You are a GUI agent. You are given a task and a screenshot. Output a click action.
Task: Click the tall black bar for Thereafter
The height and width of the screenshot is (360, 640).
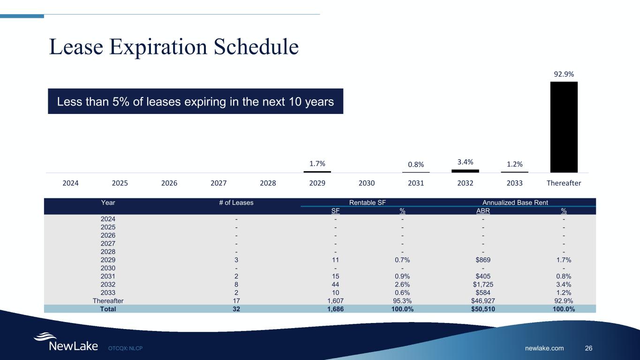(564, 127)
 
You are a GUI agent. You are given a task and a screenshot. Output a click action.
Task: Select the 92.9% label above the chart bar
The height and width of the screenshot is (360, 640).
(564, 74)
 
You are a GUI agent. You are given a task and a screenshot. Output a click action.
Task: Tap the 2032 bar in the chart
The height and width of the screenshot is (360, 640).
(465, 171)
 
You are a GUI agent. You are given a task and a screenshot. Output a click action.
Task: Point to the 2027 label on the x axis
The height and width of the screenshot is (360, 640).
(218, 183)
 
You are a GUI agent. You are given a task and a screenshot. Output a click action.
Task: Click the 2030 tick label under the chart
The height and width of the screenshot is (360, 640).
(367, 183)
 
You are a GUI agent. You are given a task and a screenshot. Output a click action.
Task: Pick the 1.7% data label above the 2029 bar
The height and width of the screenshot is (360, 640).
(317, 164)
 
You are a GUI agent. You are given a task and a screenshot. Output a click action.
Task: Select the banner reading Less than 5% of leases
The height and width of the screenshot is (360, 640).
(196, 101)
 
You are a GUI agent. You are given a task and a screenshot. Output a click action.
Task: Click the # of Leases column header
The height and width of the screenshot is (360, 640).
(236, 202)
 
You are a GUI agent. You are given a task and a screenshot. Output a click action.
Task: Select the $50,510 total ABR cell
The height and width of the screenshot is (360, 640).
(483, 309)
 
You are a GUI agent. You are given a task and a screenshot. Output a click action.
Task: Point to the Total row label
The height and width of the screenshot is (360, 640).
(108, 309)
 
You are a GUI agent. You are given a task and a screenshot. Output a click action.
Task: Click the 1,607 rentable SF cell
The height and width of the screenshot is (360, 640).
(335, 300)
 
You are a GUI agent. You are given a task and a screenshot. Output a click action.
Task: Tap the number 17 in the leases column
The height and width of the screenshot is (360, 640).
(236, 300)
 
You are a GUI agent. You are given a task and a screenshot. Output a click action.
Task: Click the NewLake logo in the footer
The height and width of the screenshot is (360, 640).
(66, 343)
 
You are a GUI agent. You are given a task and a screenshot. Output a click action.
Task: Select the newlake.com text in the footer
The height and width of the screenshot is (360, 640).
(544, 348)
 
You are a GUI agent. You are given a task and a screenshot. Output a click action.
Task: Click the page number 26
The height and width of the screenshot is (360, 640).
(588, 348)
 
